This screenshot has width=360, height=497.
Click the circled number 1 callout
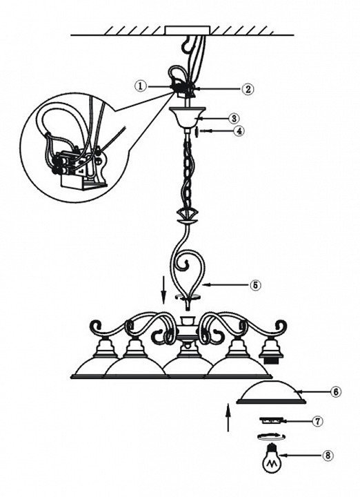[x=141, y=86]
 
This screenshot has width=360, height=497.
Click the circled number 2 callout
[x=248, y=89]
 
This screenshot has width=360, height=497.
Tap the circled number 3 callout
[x=234, y=118]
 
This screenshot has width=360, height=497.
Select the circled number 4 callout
[x=239, y=131]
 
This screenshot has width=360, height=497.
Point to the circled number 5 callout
[x=255, y=285]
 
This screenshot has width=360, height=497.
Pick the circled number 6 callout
[x=336, y=392]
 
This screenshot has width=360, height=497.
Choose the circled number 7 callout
[x=317, y=421]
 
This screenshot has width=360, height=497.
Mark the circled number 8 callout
[x=328, y=456]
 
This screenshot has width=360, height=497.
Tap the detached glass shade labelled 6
[x=271, y=392]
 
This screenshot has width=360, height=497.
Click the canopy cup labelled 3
[x=188, y=118]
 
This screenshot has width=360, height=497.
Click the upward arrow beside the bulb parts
[x=228, y=417]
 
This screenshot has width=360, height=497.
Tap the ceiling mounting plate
[x=188, y=30]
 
